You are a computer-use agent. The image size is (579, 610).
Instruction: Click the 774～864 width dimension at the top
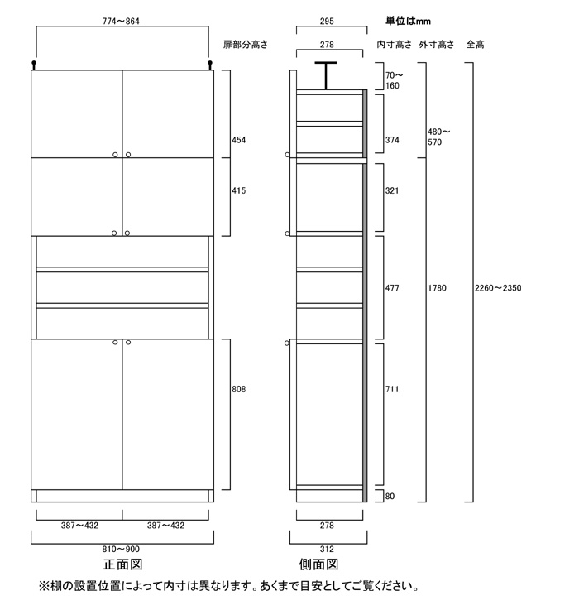(x=121, y=21)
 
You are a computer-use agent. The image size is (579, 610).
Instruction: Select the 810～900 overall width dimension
(x=121, y=549)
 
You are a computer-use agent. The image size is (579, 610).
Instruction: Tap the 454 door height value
(x=239, y=140)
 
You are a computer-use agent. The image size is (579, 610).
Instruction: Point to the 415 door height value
(x=239, y=190)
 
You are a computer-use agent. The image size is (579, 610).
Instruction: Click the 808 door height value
(x=239, y=389)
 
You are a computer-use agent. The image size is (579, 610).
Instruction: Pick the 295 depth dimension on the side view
(x=327, y=21)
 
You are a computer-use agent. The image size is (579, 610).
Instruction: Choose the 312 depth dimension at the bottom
(x=327, y=549)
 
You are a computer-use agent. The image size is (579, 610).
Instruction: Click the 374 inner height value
(x=392, y=140)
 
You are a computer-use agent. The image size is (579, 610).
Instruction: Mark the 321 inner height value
(x=392, y=190)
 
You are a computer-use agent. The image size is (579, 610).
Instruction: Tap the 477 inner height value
(x=392, y=288)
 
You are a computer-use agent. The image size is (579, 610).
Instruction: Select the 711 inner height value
(x=392, y=389)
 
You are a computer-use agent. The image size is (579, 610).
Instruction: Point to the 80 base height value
(x=390, y=496)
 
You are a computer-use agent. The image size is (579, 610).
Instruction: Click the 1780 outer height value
(x=437, y=288)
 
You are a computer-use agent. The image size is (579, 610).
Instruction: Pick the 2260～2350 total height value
(x=498, y=288)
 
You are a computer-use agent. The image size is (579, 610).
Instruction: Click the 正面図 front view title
(x=123, y=564)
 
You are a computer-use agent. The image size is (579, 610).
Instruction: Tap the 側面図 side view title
(x=318, y=564)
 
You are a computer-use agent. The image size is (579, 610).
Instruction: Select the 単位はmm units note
(x=408, y=21)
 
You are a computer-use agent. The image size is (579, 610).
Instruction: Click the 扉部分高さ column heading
(x=246, y=45)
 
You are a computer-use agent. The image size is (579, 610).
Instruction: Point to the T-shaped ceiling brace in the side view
(x=326, y=76)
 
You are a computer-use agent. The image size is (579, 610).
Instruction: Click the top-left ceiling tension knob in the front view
(x=34, y=65)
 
